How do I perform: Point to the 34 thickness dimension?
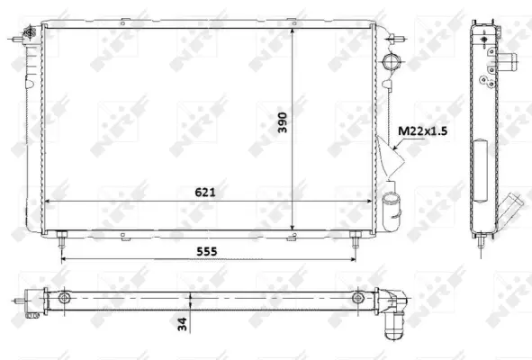183,324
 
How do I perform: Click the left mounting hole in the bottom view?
63,298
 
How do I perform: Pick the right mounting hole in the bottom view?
357,298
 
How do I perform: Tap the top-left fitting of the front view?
29,34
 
